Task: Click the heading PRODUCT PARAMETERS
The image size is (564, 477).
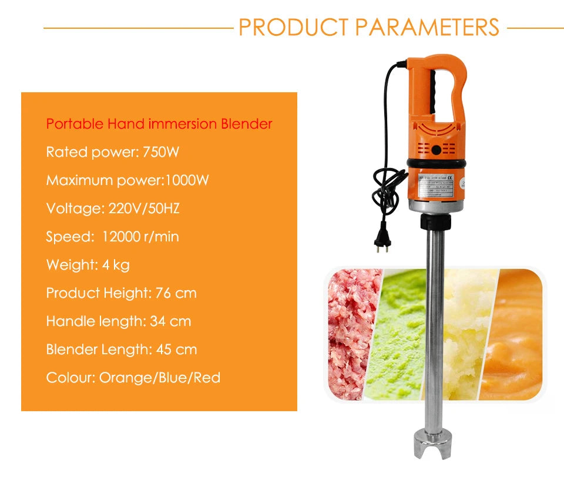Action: click(x=369, y=27)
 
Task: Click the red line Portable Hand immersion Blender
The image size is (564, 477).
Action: click(x=159, y=124)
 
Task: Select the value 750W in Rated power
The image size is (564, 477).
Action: click(x=161, y=152)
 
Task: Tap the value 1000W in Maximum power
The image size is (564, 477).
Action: click(x=187, y=180)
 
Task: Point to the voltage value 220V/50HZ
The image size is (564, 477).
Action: click(x=148, y=209)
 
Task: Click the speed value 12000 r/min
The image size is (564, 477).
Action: click(x=140, y=237)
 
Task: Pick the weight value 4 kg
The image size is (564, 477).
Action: click(x=115, y=265)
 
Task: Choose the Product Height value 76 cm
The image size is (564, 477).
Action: click(x=176, y=293)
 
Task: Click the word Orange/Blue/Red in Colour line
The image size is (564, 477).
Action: click(x=160, y=378)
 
